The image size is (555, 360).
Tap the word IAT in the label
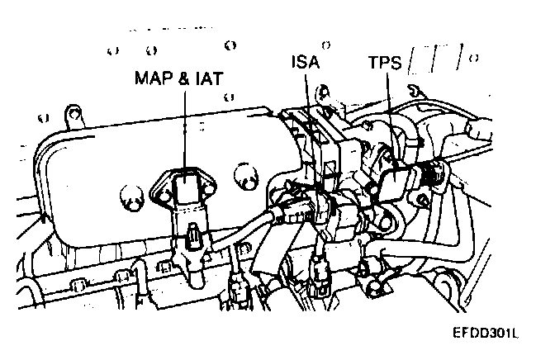[x=206, y=79]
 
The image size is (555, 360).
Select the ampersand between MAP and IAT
[x=181, y=79]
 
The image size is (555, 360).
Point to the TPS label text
[x=387, y=62]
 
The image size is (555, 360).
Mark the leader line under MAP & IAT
[x=186, y=124]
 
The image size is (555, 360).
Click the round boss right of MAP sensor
[x=244, y=174]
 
